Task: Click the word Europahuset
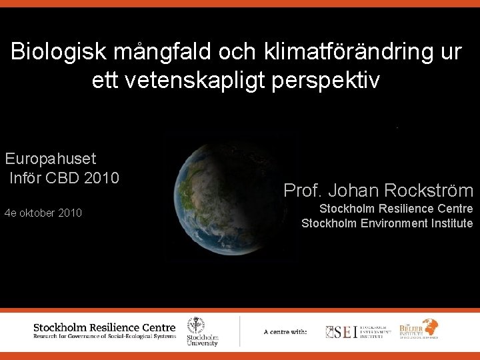pyautogui.click(x=51, y=159)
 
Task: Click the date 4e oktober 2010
pyautogui.click(x=43, y=213)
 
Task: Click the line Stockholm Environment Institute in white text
pyautogui.click(x=387, y=223)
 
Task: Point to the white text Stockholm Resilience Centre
pyautogui.click(x=396, y=209)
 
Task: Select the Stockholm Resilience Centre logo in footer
pyautogui.click(x=105, y=331)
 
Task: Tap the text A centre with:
pyautogui.click(x=285, y=332)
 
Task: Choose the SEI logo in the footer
pyautogui.click(x=356, y=331)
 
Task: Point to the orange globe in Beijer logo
pyautogui.click(x=429, y=327)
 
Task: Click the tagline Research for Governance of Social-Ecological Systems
pyautogui.click(x=105, y=337)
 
